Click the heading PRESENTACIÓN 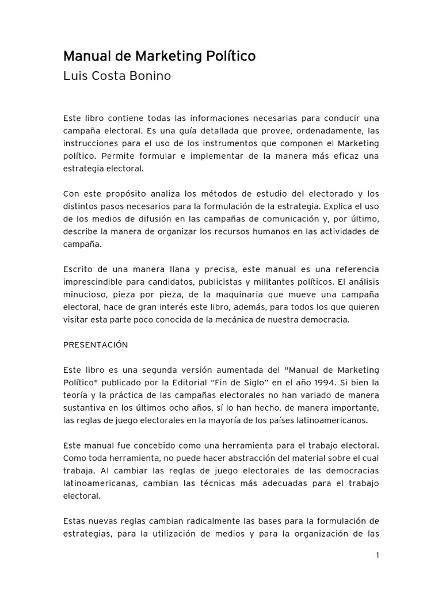coord(96,345)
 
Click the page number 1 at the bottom coord(377,555)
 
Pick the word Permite coord(120,156)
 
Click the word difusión coord(161,219)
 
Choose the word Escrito coord(78,269)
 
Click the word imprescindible coord(95,282)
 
